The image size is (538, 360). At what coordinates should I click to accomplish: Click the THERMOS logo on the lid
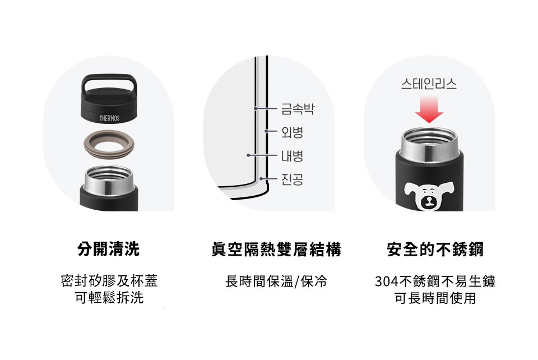(x=109, y=118)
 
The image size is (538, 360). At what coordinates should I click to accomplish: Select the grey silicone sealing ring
(x=109, y=144)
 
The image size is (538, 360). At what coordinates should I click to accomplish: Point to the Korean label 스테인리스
(x=429, y=84)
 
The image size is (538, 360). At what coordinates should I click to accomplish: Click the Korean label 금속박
(x=298, y=109)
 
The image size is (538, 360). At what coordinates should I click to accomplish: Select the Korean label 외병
(x=293, y=132)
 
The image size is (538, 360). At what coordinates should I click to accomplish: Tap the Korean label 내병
(x=293, y=155)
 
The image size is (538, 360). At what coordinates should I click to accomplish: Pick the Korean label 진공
(x=293, y=179)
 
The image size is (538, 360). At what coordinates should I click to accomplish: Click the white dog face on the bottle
(x=429, y=196)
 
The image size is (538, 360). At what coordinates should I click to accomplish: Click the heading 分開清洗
(x=109, y=249)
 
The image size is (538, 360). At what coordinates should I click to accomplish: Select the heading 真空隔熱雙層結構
(x=276, y=249)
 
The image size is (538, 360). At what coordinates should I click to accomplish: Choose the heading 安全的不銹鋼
(x=435, y=249)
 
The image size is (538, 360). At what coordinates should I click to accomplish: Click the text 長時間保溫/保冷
(x=276, y=281)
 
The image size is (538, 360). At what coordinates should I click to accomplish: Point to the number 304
(x=386, y=281)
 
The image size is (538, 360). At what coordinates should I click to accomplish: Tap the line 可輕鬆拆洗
(x=109, y=298)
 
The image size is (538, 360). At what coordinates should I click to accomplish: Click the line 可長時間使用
(x=435, y=298)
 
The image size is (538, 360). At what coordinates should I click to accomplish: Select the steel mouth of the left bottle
(x=109, y=179)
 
